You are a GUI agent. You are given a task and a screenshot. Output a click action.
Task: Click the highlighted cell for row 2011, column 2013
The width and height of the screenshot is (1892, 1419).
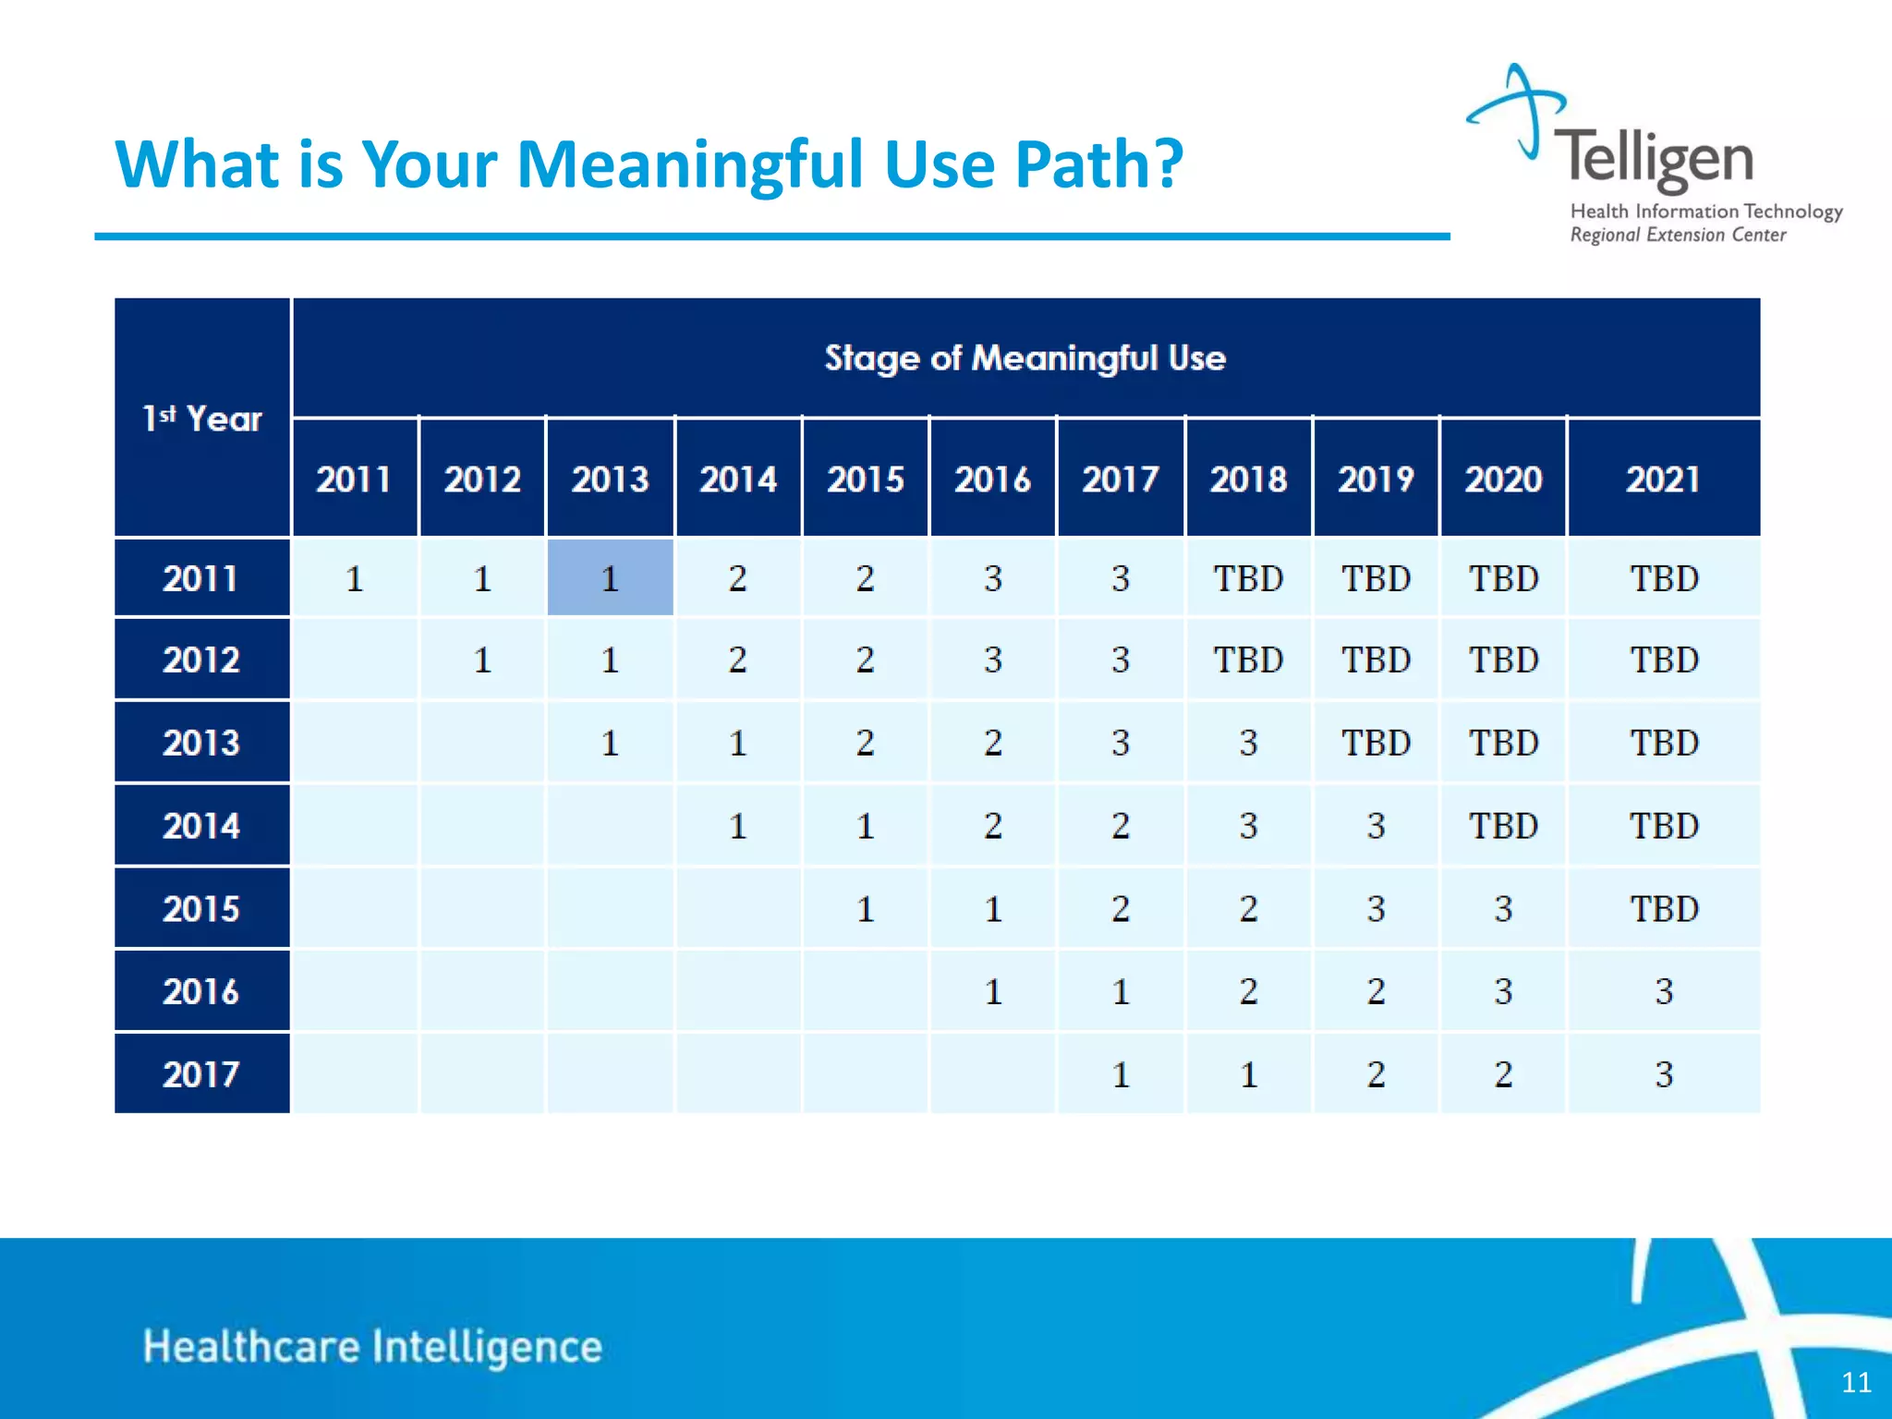[610, 578]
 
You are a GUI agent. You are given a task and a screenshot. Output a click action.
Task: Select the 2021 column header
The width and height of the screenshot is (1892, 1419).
[1663, 479]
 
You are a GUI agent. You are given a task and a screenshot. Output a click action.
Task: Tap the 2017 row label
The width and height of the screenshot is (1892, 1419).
[201, 1073]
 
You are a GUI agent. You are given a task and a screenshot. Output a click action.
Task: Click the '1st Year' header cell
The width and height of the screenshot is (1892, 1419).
[201, 418]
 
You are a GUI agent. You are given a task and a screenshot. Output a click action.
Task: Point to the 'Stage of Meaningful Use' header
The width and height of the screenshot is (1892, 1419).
[1025, 358]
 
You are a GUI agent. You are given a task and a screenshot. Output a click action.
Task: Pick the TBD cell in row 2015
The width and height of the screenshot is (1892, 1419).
[1663, 909]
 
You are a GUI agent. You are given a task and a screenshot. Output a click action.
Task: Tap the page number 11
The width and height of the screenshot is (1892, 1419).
[1856, 1382]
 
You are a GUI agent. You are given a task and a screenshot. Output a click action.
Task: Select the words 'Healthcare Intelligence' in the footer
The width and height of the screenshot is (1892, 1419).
[372, 1346]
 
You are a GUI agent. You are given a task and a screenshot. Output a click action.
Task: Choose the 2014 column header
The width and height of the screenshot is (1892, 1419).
[737, 479]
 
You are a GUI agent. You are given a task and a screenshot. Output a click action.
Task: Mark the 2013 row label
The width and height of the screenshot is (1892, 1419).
[201, 743]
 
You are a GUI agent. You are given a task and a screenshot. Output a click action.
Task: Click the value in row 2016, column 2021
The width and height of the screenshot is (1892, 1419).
[1663, 991]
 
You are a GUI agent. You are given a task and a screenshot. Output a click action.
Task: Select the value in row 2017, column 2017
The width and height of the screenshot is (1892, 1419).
[1120, 1074]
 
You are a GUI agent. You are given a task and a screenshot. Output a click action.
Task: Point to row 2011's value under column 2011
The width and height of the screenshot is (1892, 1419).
[354, 578]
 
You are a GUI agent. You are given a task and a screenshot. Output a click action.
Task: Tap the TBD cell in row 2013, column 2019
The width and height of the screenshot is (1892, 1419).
[1376, 743]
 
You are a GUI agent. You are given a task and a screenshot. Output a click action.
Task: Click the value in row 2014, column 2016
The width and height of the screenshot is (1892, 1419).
[992, 826]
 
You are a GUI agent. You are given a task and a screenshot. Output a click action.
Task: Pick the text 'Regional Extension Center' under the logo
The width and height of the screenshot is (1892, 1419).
[1678, 235]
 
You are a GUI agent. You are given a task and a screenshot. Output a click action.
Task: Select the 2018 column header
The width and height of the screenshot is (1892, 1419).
[1248, 479]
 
